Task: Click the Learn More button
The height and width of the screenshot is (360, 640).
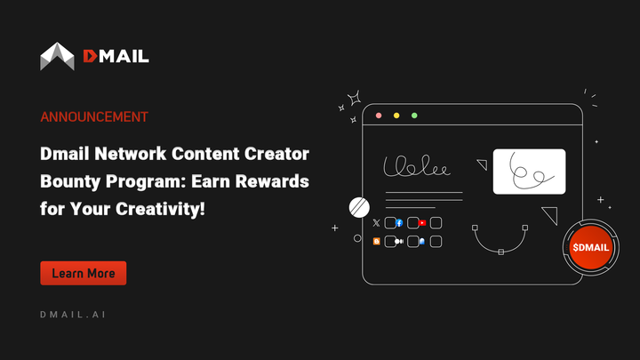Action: (x=84, y=274)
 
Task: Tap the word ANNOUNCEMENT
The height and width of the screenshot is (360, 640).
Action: (x=94, y=116)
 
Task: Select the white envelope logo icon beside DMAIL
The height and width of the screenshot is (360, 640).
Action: (x=58, y=56)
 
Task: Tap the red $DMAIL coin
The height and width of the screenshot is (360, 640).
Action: (x=591, y=246)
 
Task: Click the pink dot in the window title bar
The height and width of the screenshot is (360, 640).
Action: (x=380, y=116)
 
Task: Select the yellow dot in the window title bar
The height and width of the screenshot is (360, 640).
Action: (x=397, y=116)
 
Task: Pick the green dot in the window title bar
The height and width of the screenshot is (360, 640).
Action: (x=414, y=116)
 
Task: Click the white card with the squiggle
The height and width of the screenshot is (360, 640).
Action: (x=529, y=172)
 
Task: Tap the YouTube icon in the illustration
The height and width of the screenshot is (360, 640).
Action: (x=423, y=223)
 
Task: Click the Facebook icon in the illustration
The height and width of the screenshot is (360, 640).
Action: (x=400, y=223)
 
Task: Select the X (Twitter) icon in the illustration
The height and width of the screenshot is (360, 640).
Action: (x=377, y=223)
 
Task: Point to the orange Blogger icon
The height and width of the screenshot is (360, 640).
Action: (x=377, y=241)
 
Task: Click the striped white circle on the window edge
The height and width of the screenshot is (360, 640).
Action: (x=360, y=207)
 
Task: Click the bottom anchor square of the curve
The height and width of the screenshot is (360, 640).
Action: (x=500, y=252)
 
